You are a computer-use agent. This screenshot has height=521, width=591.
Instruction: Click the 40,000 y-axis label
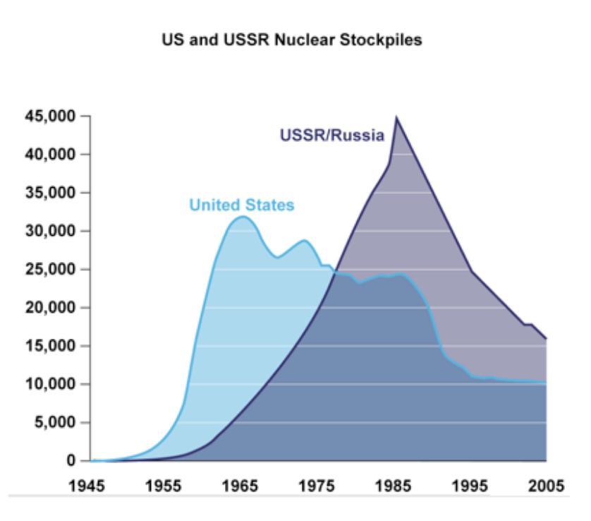51,155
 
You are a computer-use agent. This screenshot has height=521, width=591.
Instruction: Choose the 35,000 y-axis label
51,193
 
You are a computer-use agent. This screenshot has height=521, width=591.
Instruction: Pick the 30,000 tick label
51,232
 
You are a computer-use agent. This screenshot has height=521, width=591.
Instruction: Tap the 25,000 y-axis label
51,270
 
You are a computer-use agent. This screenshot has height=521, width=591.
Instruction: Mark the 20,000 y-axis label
51,308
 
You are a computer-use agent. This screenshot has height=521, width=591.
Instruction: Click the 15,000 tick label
51,346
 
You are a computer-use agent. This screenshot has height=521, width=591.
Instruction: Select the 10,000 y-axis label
51,385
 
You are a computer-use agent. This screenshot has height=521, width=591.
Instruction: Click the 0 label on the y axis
72,461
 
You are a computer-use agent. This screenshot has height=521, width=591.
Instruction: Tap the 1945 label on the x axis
90,486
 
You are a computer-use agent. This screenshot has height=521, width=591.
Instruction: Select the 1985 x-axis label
394,486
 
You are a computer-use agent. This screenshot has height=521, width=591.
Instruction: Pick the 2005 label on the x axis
547,486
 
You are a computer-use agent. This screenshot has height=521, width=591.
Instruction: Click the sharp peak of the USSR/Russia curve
396,117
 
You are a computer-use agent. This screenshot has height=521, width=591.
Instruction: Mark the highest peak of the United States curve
242,217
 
